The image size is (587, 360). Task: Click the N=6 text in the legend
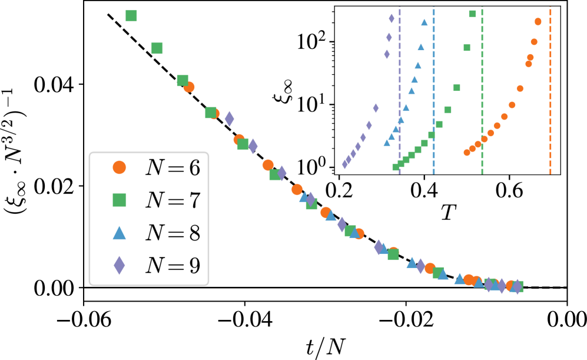(173, 168)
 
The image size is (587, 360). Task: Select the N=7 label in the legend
(173, 200)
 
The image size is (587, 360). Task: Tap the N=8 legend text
(173, 233)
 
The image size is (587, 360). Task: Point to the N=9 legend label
(173, 266)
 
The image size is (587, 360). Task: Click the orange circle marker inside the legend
(120, 167)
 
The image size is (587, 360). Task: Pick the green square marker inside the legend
(120, 200)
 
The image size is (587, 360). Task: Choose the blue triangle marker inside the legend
(120, 233)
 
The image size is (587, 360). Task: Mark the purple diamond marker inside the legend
(120, 266)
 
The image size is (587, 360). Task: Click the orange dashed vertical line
(550, 88)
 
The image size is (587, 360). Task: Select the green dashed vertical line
(482, 88)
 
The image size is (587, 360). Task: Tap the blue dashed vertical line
(434, 88)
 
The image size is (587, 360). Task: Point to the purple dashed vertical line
(400, 88)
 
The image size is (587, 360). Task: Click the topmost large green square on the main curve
(131, 16)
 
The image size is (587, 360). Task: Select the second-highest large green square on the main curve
(157, 48)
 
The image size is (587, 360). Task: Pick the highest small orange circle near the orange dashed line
(538, 22)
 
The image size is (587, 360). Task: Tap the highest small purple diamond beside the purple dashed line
(392, 19)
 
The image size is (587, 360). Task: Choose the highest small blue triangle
(425, 22)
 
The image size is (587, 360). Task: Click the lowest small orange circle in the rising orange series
(467, 153)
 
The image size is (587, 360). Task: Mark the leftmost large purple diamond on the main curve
(230, 118)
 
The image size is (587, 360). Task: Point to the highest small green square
(472, 14)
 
